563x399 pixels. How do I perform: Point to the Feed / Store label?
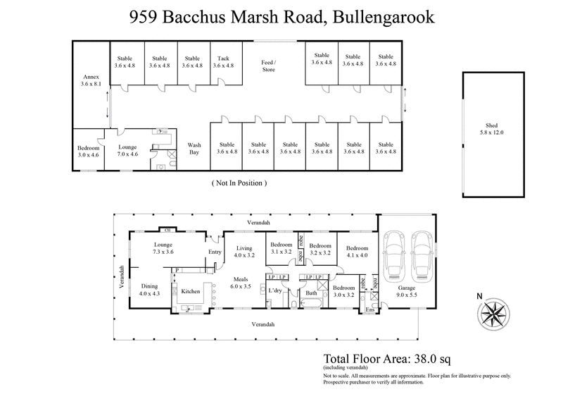click(269, 66)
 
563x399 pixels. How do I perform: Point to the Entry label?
click(214, 252)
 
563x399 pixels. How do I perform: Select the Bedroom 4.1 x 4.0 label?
click(357, 252)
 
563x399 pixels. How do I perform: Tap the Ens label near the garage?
click(370, 310)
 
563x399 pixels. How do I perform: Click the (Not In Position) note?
click(239, 183)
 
